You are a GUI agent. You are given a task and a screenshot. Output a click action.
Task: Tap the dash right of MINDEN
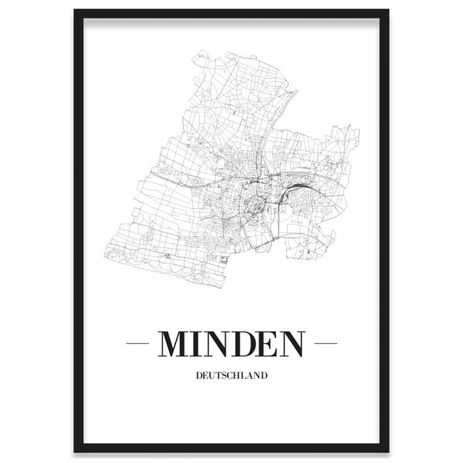click(x=325, y=344)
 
